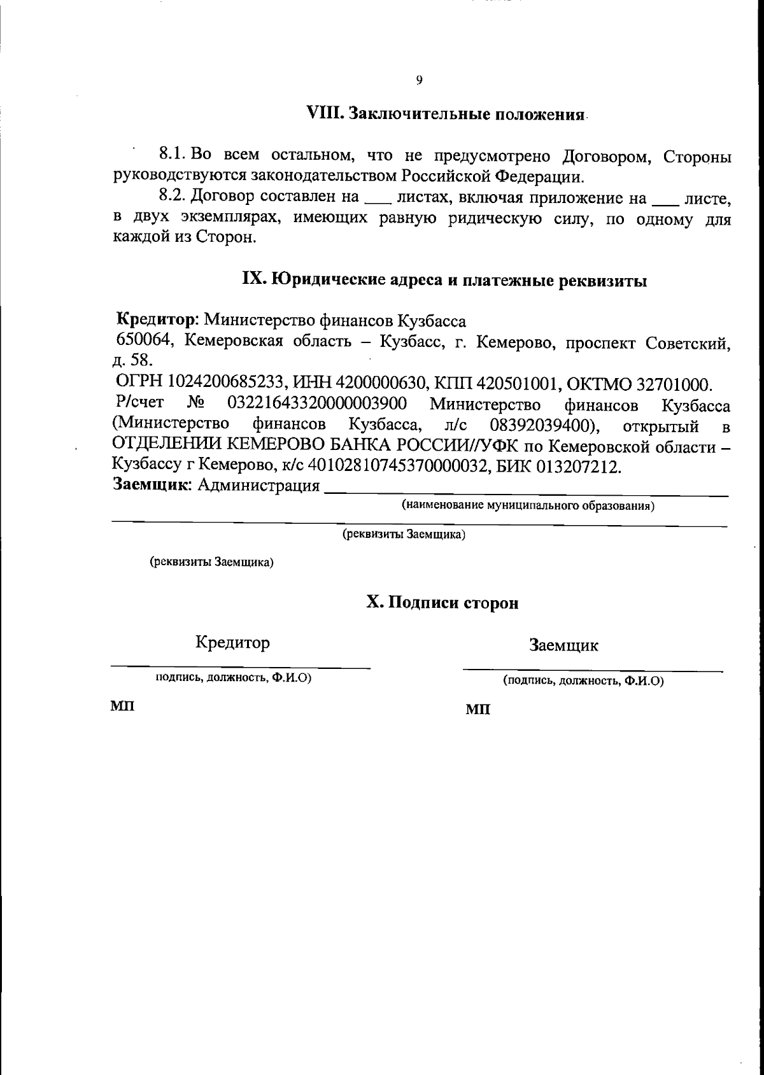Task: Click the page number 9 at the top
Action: (419, 80)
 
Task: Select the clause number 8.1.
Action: (171, 155)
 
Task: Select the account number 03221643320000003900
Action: (316, 404)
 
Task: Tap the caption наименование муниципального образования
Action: (528, 506)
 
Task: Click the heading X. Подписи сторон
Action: (442, 603)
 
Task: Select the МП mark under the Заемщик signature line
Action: (478, 709)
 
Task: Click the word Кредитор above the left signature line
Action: (232, 642)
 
